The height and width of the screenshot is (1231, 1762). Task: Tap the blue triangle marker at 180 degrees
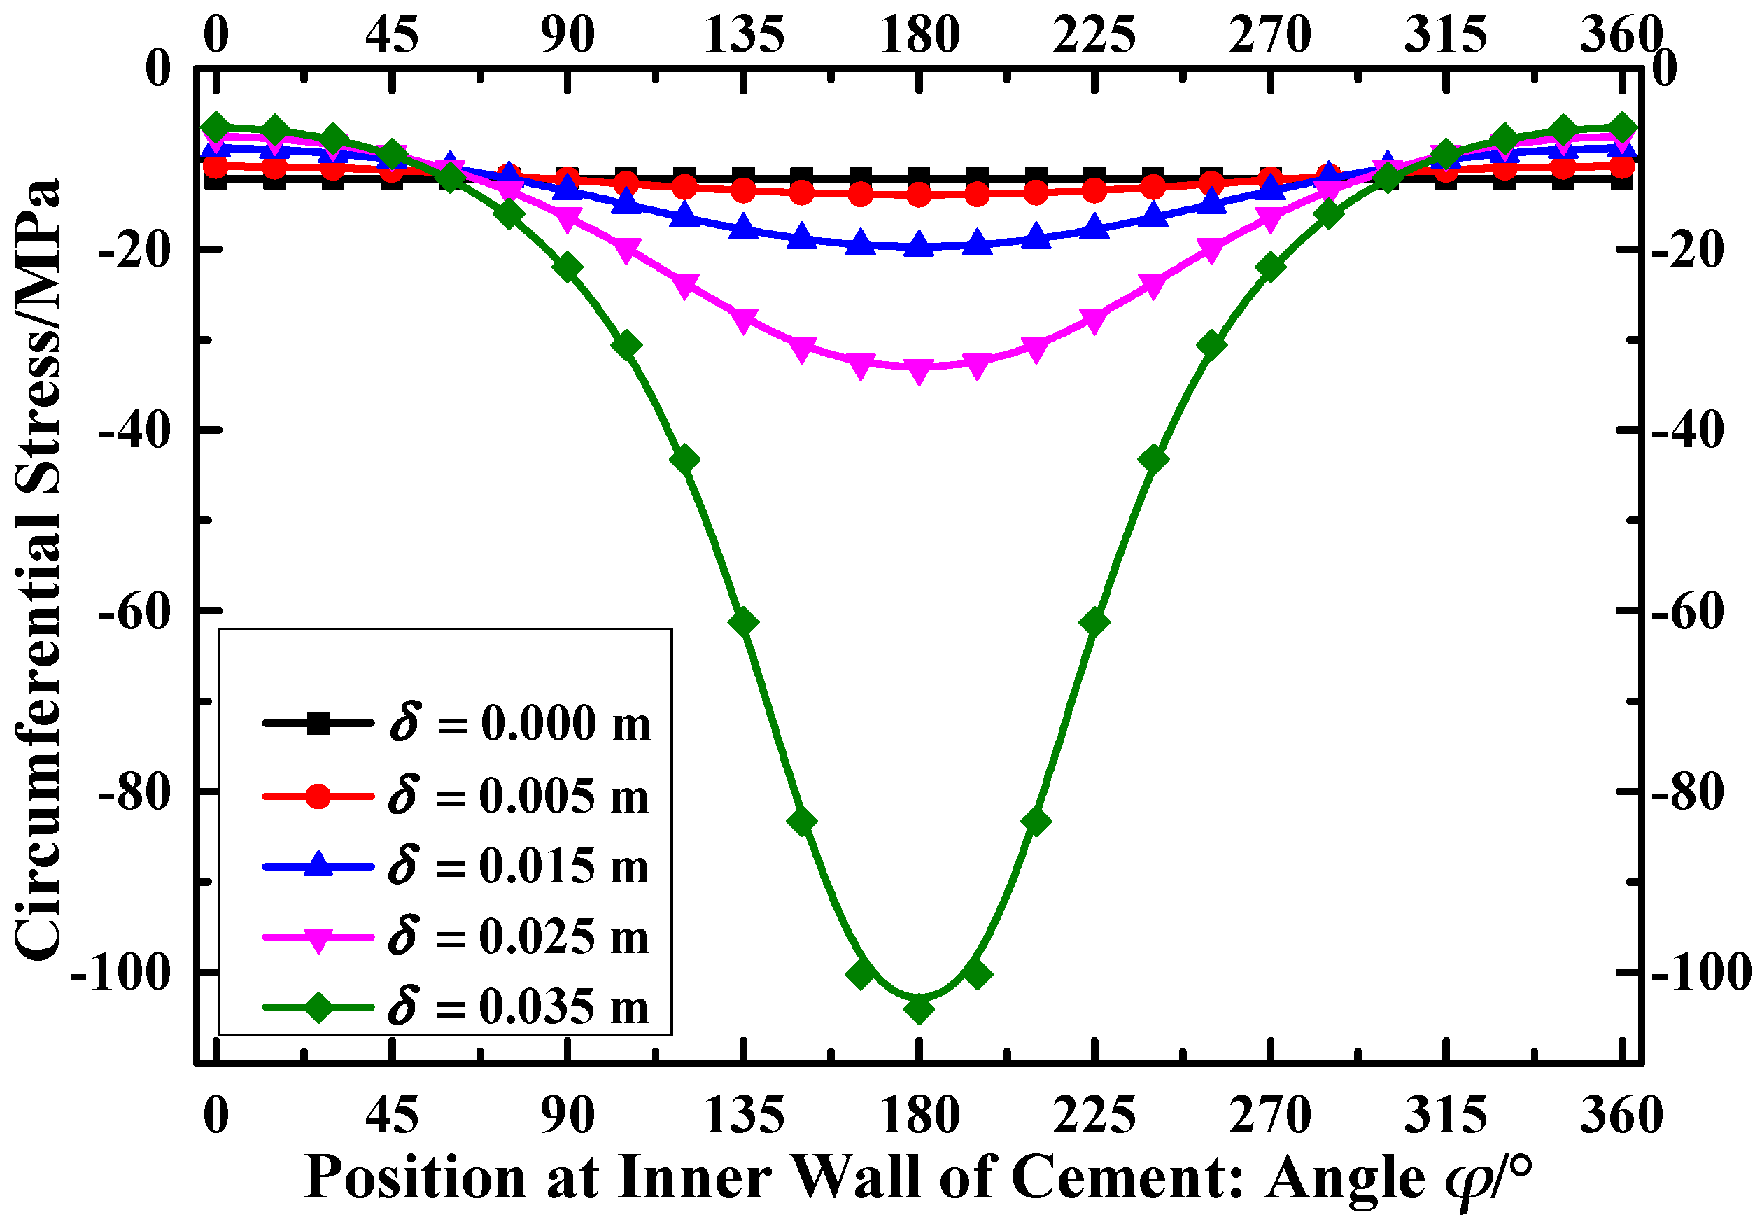pos(919,246)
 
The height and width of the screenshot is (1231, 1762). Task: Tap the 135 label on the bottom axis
pos(743,1115)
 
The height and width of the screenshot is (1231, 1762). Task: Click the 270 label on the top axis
pos(1270,34)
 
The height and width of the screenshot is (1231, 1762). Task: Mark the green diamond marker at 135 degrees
pos(743,621)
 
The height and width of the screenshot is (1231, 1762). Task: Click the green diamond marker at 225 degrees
pos(1094,621)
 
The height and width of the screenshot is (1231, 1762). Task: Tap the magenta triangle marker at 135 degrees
pos(743,321)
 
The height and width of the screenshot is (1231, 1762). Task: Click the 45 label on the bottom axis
pos(391,1115)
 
